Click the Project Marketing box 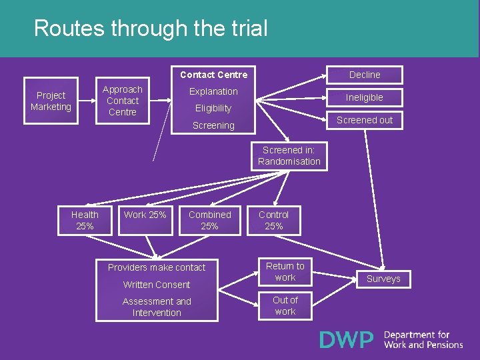51,101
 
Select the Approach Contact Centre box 123,101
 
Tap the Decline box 365,75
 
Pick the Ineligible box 365,97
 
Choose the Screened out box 365,120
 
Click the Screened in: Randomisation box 289,156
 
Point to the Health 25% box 85,221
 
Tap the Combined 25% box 209,221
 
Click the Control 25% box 274,221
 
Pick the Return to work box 285,272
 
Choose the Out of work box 285,306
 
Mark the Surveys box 383,279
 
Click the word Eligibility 213,108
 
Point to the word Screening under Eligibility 213,125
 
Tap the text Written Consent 157,285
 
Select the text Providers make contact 157,267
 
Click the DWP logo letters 347,340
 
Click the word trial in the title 246,29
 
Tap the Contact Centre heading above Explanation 213,75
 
